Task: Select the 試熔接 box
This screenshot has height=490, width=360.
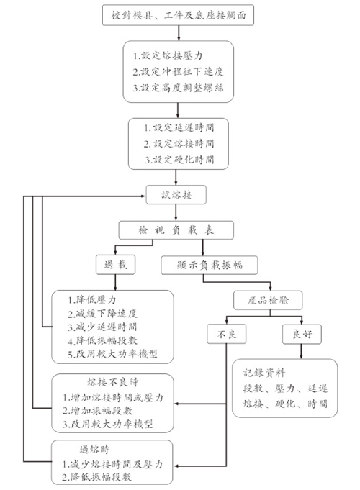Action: tap(177, 194)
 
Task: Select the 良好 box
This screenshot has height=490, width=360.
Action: tap(300, 334)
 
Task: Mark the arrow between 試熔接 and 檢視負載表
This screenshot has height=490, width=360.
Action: tap(177, 212)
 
